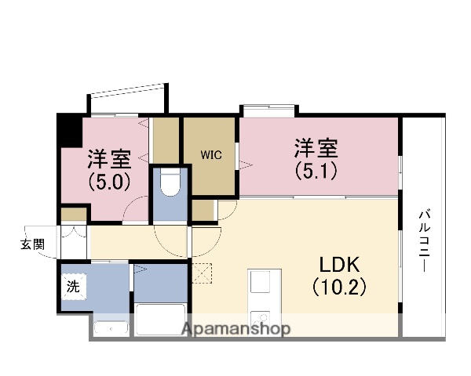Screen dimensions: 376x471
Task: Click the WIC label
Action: [x=210, y=155]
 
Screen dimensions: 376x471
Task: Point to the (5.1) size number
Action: [x=317, y=168]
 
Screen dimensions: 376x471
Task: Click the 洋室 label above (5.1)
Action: [x=317, y=147]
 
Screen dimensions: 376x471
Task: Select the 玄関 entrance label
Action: [x=32, y=244]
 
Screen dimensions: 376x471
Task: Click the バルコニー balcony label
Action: [x=424, y=240]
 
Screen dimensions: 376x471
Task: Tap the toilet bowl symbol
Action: [x=170, y=183]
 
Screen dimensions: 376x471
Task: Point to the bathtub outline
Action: [x=161, y=320]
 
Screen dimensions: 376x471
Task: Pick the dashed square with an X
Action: [x=202, y=273]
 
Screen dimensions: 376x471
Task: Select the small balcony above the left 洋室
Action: [x=128, y=99]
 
